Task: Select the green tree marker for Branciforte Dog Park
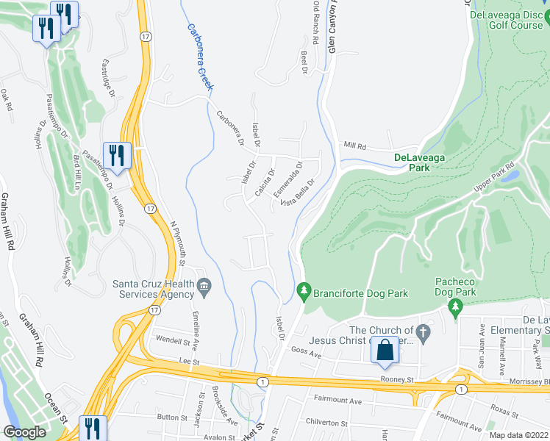pyautogui.click(x=303, y=293)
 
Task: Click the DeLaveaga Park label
pyautogui.click(x=422, y=162)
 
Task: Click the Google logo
pyautogui.click(x=24, y=432)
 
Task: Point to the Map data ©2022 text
pyautogui.click(x=518, y=435)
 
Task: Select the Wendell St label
pyautogui.click(x=173, y=339)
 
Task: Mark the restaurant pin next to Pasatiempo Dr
pyautogui.click(x=117, y=155)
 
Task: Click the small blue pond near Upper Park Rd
pyautogui.click(x=512, y=177)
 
